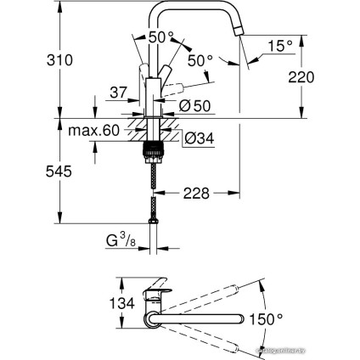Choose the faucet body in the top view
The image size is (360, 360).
pos(159,299)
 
